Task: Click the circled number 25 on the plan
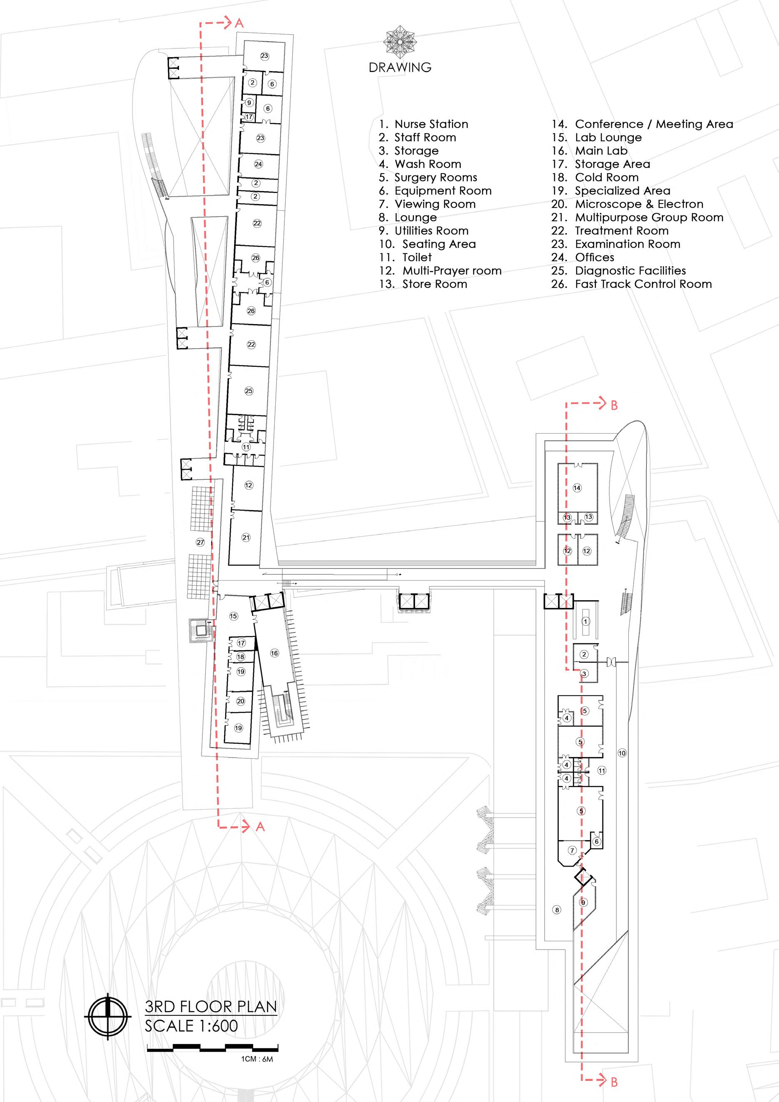coord(249,391)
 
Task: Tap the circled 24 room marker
coord(259,164)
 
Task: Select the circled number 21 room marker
coord(246,538)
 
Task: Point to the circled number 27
coord(201,542)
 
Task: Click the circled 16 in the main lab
coord(274,653)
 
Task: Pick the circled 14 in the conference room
coord(577,488)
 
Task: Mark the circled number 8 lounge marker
coord(557,910)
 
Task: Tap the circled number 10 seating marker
coord(622,753)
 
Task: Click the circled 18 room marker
coord(241,657)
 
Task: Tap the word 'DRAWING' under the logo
coord(400,67)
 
